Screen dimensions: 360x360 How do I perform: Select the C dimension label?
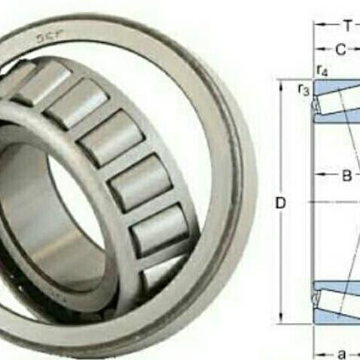click(x=340, y=50)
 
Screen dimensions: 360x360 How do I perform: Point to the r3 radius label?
click(x=304, y=90)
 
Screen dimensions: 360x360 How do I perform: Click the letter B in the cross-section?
click(x=346, y=176)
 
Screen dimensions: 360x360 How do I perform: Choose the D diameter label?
click(x=279, y=203)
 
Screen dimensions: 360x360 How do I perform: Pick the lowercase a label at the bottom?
click(x=343, y=352)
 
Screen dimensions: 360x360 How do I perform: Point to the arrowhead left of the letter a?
click(x=317, y=352)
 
